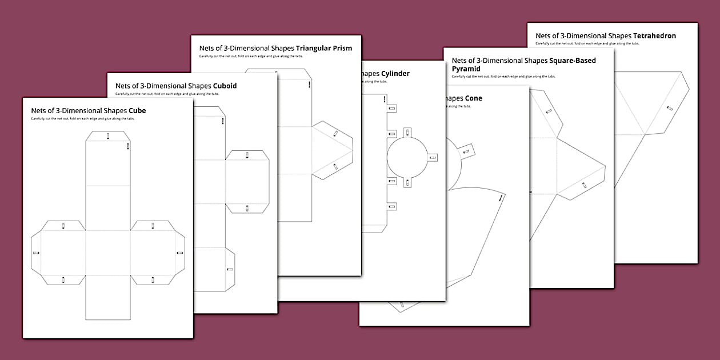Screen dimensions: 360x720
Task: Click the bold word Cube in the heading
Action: pos(137,111)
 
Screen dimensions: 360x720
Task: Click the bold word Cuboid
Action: pos(225,86)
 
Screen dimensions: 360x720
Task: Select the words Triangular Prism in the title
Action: pos(324,48)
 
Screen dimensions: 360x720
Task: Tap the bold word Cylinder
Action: pos(395,74)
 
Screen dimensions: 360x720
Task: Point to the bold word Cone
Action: pos(473,98)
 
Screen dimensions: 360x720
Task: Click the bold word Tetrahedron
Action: pos(654,35)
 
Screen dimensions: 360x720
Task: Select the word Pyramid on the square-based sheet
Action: pos(466,69)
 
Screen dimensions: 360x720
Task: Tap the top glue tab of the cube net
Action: pos(108,136)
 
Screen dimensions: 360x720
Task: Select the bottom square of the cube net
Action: pos(108,297)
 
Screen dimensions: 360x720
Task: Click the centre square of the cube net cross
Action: pos(108,253)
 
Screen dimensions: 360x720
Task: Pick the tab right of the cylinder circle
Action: pos(433,157)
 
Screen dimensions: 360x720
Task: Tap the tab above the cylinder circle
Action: pos(407,133)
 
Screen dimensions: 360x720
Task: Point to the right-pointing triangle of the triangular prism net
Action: pos(331,150)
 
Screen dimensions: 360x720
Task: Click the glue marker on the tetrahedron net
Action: pos(670,108)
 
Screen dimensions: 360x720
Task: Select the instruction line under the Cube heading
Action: pos(83,119)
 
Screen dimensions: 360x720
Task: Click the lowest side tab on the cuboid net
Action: pos(229,269)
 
